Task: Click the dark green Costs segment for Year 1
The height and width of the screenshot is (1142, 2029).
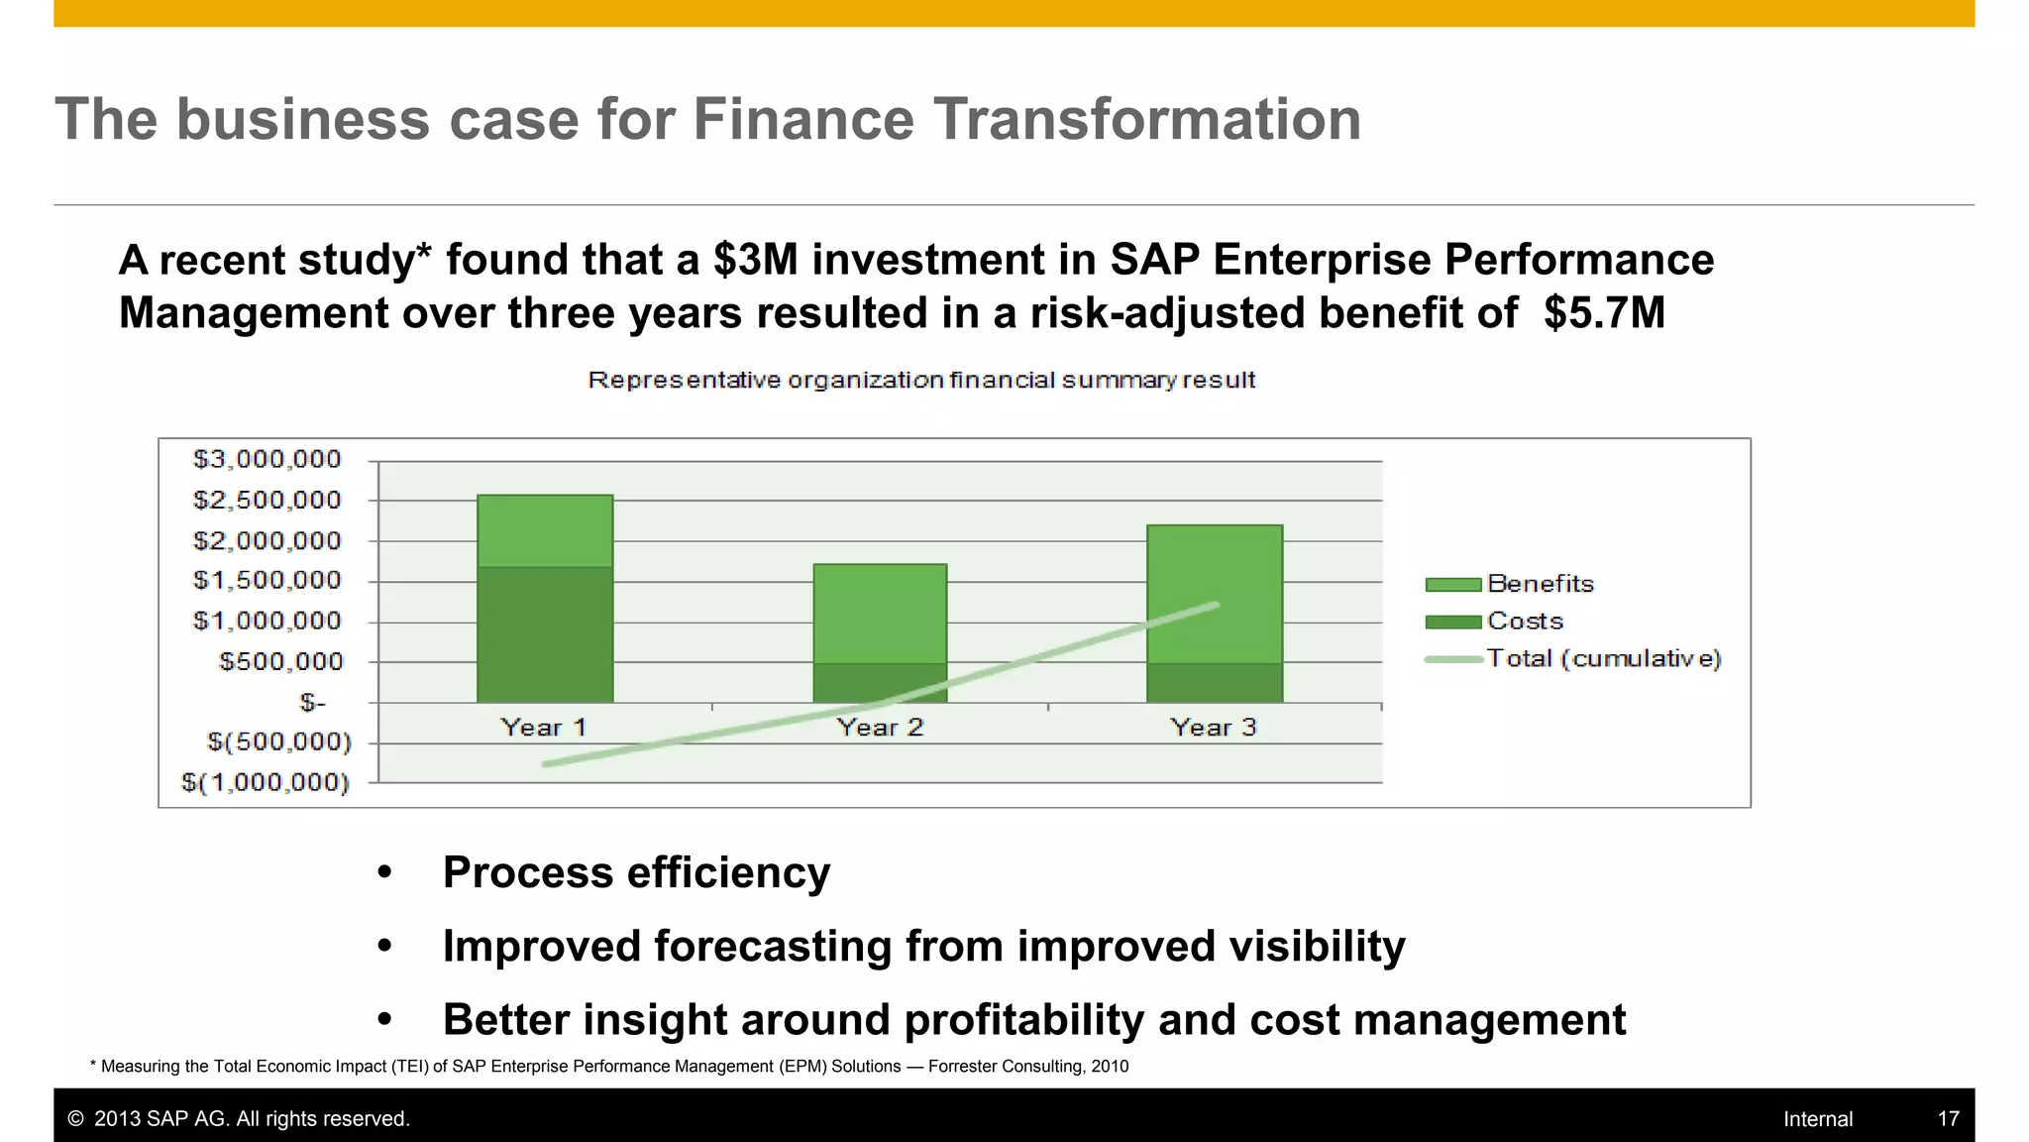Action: click(x=545, y=634)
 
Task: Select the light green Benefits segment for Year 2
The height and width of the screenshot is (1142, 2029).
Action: click(x=880, y=613)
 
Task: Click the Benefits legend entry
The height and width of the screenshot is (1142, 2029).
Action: click(x=1540, y=584)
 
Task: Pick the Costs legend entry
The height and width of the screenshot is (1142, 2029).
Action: click(x=1525, y=622)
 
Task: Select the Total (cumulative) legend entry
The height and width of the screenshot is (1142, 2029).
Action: click(x=1603, y=658)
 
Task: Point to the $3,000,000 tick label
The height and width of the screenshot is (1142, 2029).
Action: click(x=267, y=459)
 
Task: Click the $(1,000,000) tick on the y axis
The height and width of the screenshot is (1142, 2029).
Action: click(x=266, y=783)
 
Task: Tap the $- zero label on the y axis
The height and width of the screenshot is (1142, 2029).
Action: click(x=312, y=703)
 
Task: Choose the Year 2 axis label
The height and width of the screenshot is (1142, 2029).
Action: click(x=880, y=728)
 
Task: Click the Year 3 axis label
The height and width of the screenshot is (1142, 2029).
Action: click(x=1213, y=728)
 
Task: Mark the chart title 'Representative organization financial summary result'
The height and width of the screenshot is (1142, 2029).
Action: click(x=921, y=381)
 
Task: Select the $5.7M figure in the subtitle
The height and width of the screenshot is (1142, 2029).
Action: click(x=1604, y=313)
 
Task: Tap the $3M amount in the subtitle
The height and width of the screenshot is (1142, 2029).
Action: click(x=755, y=260)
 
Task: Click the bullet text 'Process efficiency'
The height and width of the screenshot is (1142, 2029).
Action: click(x=636, y=872)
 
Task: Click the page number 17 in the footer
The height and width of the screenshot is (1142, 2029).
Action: click(x=1948, y=1119)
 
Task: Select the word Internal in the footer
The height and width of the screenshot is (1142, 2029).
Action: click(x=1817, y=1119)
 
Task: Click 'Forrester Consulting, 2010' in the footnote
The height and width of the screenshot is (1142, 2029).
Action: click(x=1027, y=1067)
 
